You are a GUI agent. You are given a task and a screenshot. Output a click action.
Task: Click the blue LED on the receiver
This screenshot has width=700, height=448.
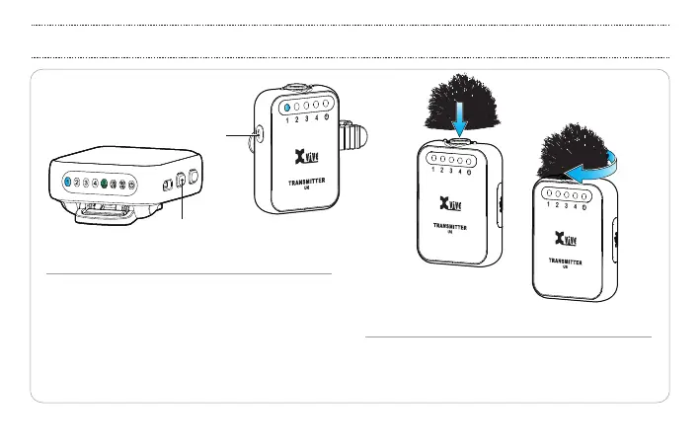pyautogui.click(x=66, y=183)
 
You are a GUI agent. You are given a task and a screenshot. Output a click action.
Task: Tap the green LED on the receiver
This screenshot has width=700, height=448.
pyautogui.click(x=104, y=184)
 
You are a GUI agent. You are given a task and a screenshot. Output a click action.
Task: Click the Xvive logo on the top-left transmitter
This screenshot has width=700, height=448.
pyautogui.click(x=305, y=158)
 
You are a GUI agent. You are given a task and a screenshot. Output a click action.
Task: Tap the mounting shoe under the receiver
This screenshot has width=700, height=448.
pyautogui.click(x=109, y=212)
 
